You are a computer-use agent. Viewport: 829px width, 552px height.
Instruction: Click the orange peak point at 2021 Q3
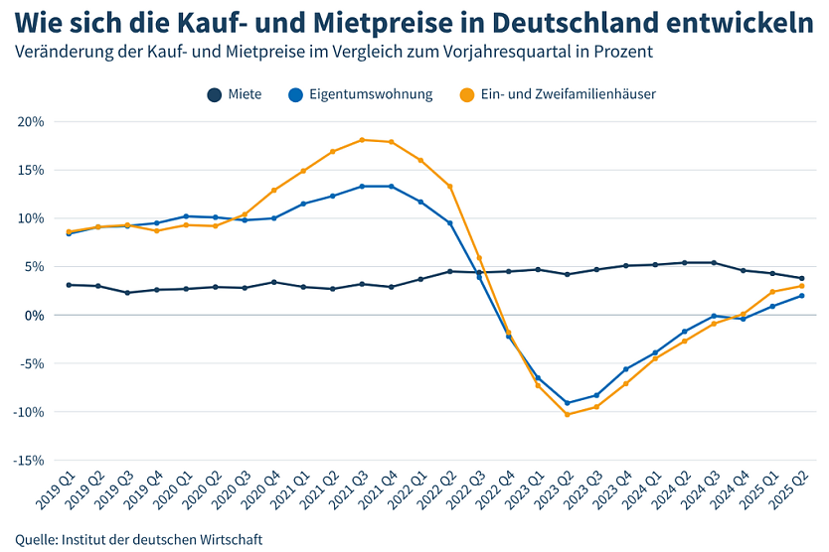[362, 140]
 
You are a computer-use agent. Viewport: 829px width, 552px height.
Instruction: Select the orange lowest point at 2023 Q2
[567, 414]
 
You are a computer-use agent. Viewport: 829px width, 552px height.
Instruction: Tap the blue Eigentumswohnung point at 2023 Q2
[567, 403]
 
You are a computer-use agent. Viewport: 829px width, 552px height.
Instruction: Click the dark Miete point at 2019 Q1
[68, 285]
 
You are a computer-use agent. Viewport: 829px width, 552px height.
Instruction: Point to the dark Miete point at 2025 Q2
[802, 278]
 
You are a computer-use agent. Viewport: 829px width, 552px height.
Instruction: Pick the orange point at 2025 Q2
[802, 286]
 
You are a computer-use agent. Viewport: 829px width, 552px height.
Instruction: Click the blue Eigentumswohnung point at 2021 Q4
[391, 187]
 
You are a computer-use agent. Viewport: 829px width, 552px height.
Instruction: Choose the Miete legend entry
[235, 94]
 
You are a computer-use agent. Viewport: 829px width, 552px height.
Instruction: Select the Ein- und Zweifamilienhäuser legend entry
[557, 94]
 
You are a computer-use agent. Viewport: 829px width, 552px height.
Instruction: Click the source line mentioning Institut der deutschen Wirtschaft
[139, 540]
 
